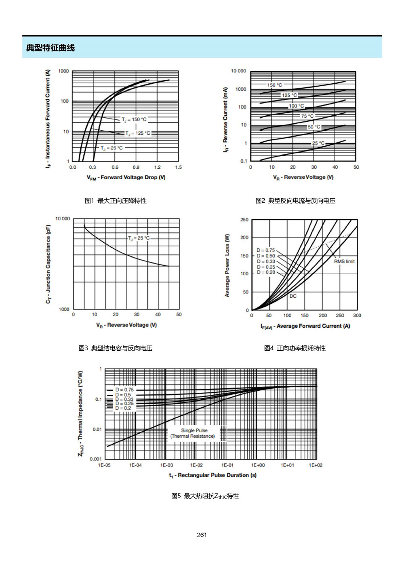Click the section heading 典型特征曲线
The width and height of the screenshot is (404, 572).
(50, 48)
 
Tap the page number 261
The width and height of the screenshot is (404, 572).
(202, 535)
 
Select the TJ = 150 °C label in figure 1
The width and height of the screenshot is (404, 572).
(134, 119)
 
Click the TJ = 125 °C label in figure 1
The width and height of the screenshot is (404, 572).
(138, 133)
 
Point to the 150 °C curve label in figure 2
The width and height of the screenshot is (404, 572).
(275, 85)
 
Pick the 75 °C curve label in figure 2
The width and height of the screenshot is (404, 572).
(307, 116)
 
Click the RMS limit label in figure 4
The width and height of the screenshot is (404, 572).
(344, 261)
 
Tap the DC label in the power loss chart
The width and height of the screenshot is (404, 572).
(293, 296)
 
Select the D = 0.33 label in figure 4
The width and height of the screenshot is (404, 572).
(266, 261)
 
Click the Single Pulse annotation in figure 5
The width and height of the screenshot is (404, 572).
(194, 430)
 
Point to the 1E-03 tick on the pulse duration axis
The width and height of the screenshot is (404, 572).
(166, 465)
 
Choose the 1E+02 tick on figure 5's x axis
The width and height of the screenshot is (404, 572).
(316, 465)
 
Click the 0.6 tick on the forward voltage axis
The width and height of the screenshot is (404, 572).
(115, 167)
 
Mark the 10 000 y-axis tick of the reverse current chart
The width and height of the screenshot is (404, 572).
(238, 71)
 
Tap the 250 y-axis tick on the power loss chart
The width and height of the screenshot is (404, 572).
(244, 220)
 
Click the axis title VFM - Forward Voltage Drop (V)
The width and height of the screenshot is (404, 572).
(126, 178)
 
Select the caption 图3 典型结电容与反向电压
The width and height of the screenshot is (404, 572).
(115, 348)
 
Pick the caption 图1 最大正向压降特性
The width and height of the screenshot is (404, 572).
(116, 201)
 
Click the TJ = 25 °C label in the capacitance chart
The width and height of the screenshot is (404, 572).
(139, 238)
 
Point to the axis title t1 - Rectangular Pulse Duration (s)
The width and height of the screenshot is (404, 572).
(213, 475)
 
